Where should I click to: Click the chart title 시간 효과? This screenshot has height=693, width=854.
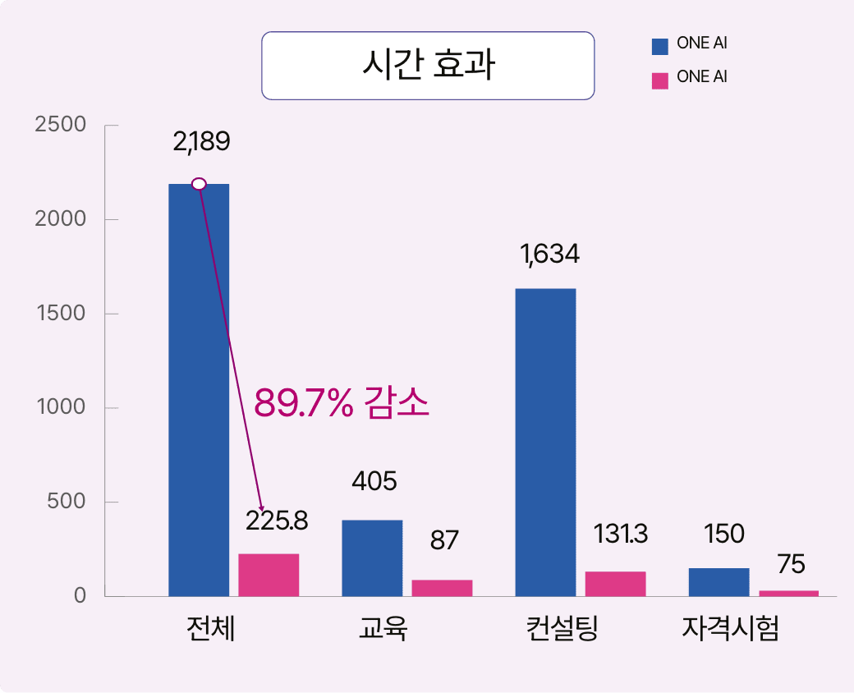pos(427,66)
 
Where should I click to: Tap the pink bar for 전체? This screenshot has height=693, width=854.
pos(269,575)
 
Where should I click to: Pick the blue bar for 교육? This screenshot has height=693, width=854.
pos(372,558)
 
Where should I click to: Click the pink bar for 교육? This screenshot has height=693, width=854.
pos(442,588)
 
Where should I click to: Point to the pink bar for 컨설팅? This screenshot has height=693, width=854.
pos(615,583)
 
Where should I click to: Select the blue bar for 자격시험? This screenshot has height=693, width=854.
pos(719,581)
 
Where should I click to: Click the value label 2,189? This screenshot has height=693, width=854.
pos(201,141)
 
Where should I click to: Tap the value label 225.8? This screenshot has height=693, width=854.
pos(277,521)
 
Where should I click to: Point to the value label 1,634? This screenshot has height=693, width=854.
pos(549,255)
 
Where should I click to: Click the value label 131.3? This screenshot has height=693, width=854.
pos(621,535)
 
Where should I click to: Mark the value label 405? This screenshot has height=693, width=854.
pos(374,481)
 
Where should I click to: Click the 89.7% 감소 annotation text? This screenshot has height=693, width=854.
pos(342,403)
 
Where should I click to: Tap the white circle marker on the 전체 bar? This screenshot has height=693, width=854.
pos(199,184)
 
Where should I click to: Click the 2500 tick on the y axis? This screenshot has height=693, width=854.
pos(62,125)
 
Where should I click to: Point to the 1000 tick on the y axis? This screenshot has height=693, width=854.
pos(62,407)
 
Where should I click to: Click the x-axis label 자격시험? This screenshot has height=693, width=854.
pos(730,631)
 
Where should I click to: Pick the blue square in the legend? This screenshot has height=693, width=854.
pos(659,46)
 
